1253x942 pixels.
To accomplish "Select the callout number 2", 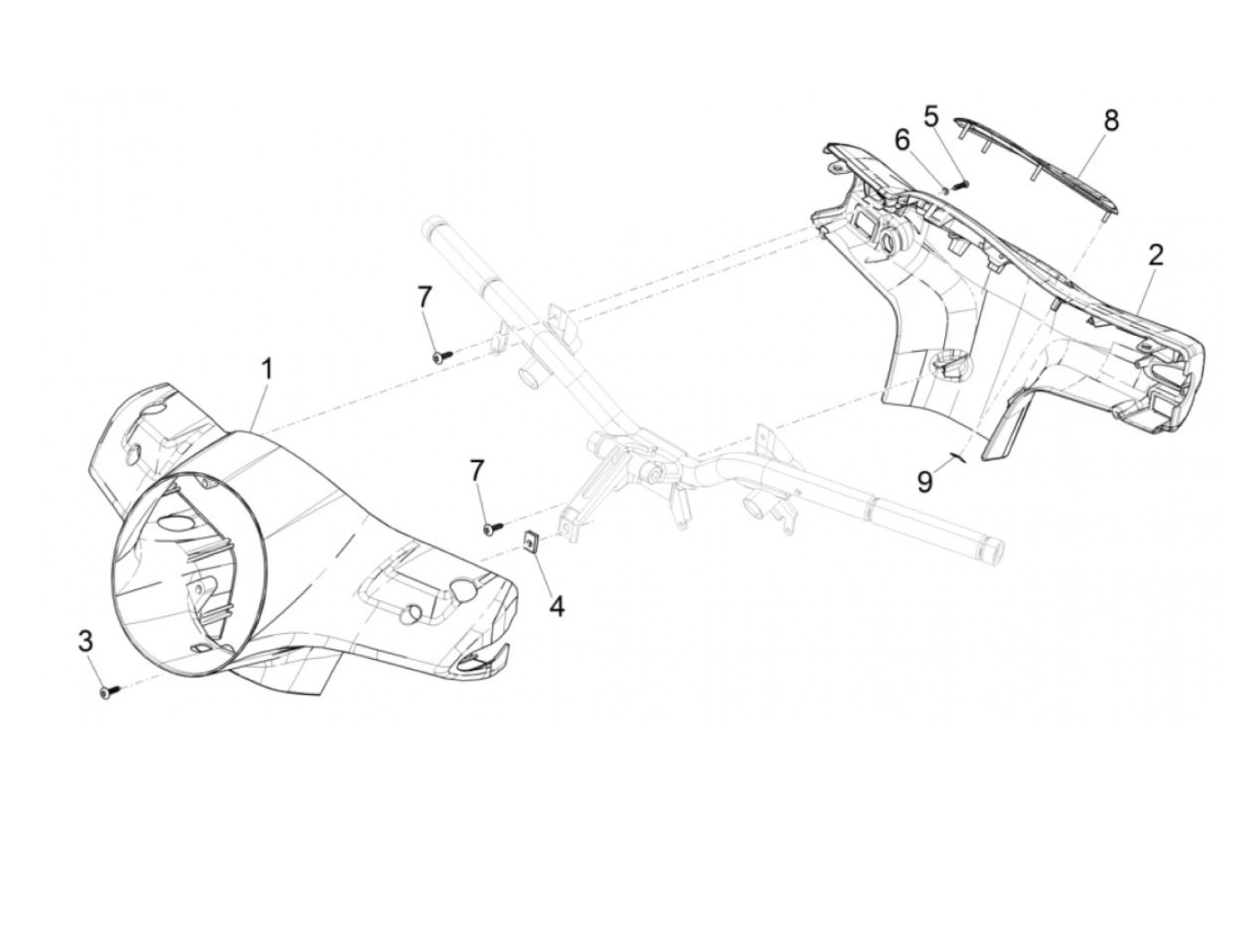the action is pyautogui.click(x=1155, y=255).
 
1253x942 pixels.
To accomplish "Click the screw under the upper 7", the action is pyautogui.click(x=442, y=356).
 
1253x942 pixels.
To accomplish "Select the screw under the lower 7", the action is pyautogui.click(x=492, y=528).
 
